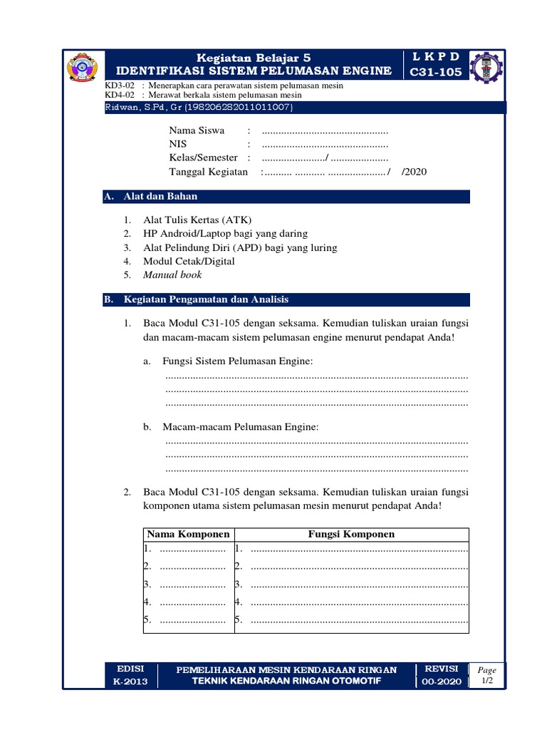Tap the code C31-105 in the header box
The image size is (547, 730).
(x=435, y=71)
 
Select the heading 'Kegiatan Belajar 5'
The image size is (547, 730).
(x=254, y=57)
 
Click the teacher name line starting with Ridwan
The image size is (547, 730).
(x=197, y=107)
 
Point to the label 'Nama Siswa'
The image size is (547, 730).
(x=197, y=130)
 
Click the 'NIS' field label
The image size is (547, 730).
(x=177, y=144)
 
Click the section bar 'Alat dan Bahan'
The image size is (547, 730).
(x=161, y=196)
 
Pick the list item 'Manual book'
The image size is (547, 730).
(x=172, y=274)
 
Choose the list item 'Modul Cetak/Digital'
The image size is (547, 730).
(x=189, y=261)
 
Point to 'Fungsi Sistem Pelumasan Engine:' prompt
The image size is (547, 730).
(x=238, y=361)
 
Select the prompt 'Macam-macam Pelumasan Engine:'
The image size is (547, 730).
(x=241, y=426)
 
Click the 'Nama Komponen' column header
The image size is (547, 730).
(x=188, y=534)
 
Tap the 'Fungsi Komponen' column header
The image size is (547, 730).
(x=351, y=534)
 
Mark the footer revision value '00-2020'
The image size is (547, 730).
(x=442, y=682)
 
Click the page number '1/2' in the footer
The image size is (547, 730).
(x=487, y=682)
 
